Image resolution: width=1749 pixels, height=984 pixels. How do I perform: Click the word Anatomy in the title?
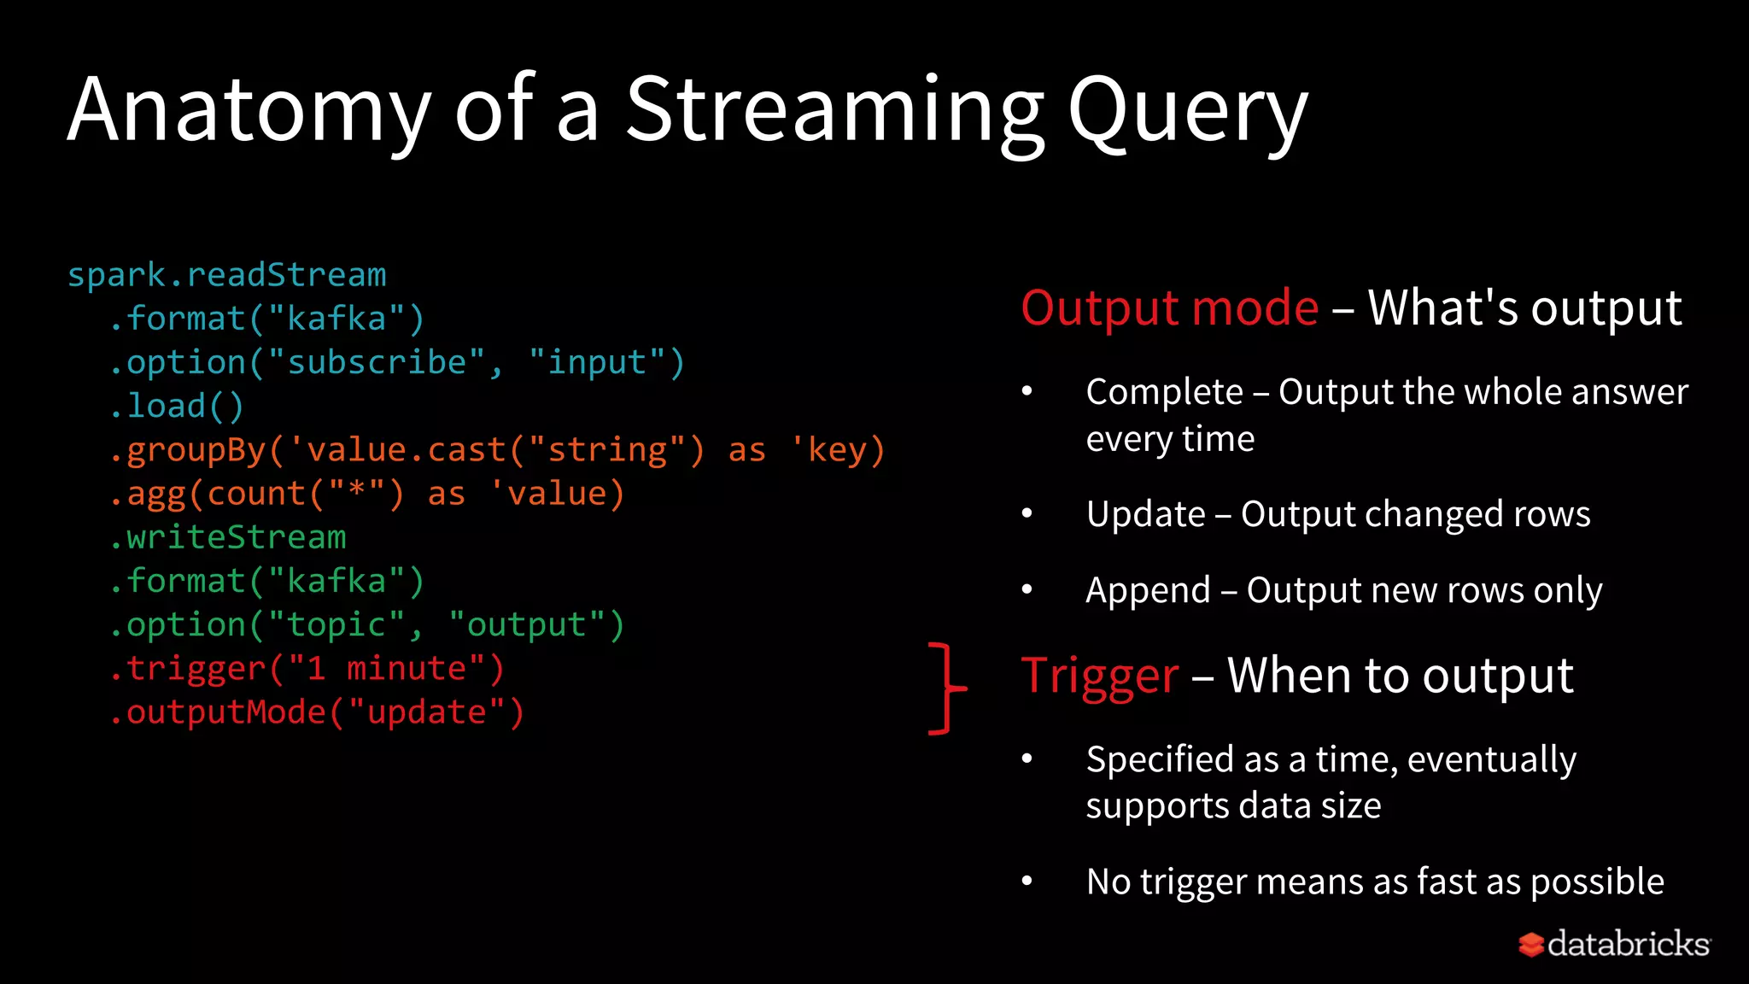pos(248,111)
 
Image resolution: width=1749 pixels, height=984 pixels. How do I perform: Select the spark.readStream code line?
pos(226,275)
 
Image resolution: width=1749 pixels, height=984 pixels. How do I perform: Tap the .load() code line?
pos(177,406)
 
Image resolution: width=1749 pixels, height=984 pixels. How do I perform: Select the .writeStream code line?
pos(228,537)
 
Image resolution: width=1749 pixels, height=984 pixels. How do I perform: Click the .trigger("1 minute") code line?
pos(307,669)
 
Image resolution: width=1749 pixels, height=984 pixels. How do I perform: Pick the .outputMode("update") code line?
pos(317,712)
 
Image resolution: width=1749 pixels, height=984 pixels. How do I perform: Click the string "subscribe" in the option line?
pos(377,362)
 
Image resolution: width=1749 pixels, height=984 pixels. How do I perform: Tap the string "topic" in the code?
pos(336,625)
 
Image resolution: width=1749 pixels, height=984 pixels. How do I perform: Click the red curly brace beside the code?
pos(946,688)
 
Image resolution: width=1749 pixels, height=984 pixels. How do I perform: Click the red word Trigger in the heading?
pos(1100,676)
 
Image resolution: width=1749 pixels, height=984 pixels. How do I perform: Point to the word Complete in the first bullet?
pos(1164,392)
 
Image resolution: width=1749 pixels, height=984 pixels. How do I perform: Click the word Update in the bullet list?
pos(1145,514)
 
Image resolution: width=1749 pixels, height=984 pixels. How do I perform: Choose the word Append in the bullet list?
pos(1148,590)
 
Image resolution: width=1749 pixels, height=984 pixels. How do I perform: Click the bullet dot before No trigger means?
pos(1027,881)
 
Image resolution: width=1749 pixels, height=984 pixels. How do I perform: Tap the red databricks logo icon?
pos(1530,945)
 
